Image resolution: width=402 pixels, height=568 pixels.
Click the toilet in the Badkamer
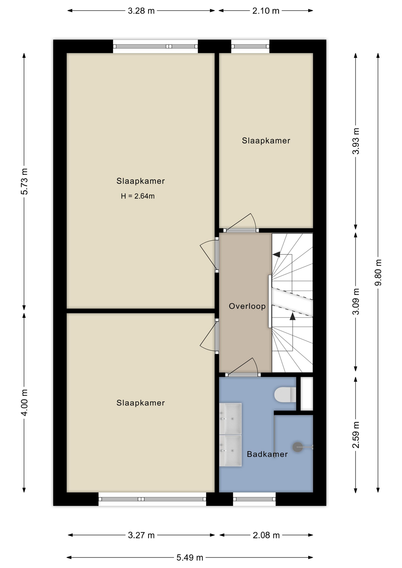285,395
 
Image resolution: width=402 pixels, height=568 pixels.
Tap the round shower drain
298,447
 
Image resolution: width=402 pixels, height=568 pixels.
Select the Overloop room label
247,306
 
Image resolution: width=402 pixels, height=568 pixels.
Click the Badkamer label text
267,454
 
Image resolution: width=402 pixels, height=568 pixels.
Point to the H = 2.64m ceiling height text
138,196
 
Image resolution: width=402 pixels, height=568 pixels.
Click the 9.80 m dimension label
378,272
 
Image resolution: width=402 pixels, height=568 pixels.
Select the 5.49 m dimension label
190,558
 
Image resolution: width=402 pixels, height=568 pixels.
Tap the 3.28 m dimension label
141,11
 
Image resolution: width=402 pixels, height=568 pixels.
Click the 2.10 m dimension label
266,11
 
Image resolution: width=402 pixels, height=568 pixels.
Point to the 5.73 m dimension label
24,182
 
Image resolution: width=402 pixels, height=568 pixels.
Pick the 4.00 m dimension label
24,403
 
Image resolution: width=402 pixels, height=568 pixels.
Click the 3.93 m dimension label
356,141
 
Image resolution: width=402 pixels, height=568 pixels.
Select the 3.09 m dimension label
356,302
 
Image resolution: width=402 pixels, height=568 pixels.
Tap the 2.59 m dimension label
356,435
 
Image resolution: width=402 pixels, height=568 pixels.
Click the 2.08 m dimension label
266,535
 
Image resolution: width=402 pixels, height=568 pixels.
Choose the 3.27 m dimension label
141,535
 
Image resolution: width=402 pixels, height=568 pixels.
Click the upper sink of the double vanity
230,419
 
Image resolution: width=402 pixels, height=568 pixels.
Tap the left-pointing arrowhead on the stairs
276,254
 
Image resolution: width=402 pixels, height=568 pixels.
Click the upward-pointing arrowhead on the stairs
292,316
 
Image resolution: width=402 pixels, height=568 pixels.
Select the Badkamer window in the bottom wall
254,499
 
